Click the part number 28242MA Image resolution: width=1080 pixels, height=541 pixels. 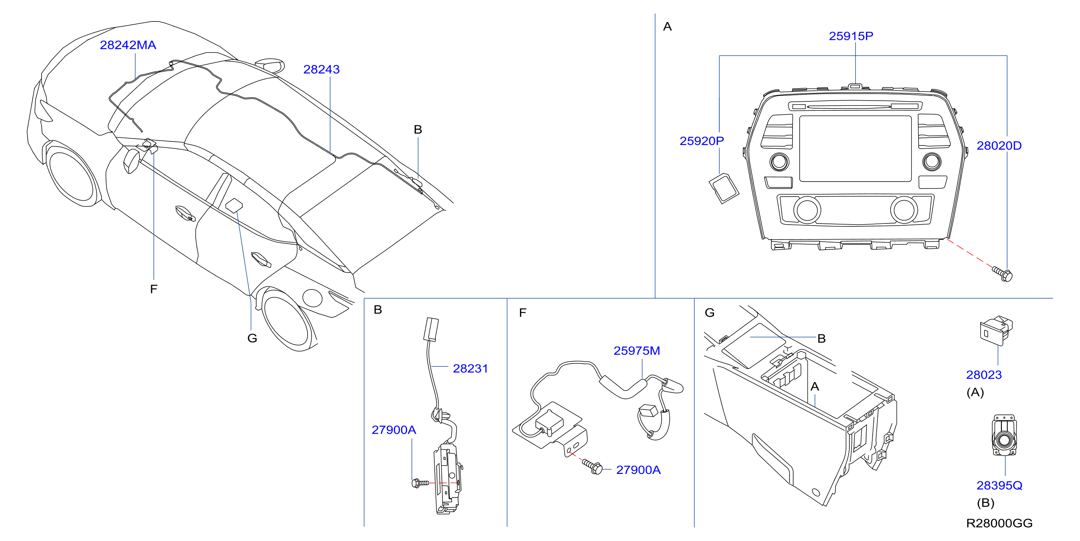[128, 45]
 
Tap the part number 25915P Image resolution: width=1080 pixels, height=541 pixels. [851, 36]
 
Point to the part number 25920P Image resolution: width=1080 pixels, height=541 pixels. [701, 141]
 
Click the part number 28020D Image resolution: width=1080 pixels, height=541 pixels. [999, 145]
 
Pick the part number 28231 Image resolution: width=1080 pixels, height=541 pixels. [470, 369]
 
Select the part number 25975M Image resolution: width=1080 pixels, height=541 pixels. [637, 351]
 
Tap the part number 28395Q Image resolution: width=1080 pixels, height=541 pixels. [999, 486]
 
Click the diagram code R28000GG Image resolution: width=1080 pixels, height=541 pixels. [999, 524]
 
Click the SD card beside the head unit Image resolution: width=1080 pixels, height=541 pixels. [724, 188]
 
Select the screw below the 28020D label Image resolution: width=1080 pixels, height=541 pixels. [1002, 273]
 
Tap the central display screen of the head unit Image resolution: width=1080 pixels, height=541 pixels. [855, 148]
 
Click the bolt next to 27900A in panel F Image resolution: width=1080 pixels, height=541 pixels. [592, 466]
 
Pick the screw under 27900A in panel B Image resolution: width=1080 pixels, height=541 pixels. [420, 483]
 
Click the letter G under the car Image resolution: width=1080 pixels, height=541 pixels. [252, 338]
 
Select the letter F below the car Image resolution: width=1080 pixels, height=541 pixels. [154, 289]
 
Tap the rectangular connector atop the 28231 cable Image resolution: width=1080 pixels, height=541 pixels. [431, 329]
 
